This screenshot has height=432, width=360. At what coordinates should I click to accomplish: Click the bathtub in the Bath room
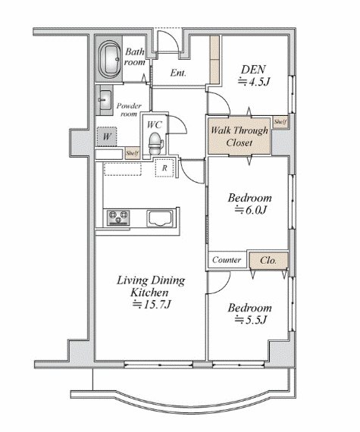click(110, 58)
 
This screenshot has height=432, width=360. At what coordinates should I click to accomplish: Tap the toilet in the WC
click(155, 143)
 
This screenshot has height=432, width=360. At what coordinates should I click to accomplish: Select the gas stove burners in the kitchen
click(118, 218)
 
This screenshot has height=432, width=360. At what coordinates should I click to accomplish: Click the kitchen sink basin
click(161, 218)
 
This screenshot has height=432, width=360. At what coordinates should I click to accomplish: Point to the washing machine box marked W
click(106, 136)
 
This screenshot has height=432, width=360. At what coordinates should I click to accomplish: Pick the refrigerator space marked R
click(164, 167)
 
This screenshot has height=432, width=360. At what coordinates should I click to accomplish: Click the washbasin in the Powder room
click(105, 100)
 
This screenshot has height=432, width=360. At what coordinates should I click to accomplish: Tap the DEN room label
click(253, 70)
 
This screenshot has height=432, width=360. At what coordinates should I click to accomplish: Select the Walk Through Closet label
click(239, 136)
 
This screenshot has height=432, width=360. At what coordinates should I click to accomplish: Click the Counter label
click(227, 260)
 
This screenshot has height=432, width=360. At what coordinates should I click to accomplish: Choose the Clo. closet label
click(268, 260)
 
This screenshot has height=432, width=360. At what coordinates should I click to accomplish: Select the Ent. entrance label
click(178, 73)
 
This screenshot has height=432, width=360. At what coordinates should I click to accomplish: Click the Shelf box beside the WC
click(132, 153)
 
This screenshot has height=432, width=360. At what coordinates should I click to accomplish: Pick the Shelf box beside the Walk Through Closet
click(280, 122)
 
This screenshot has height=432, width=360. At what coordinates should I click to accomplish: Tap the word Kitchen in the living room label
click(149, 293)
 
